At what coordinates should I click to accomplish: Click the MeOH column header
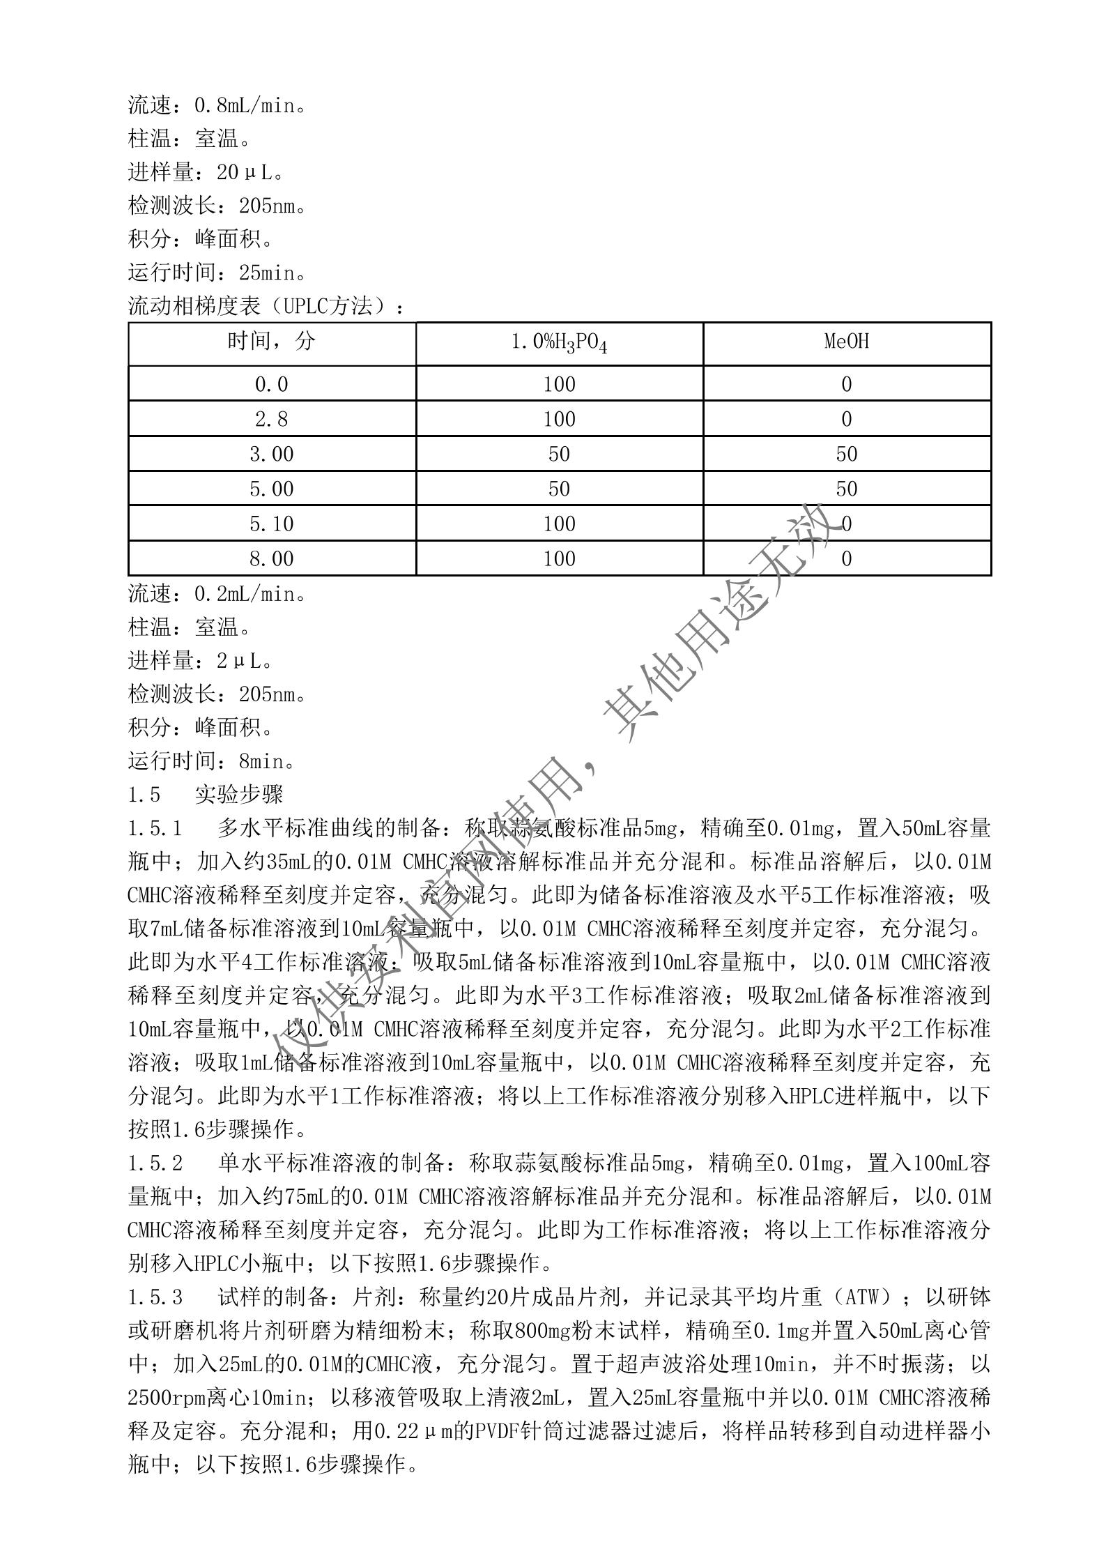click(x=846, y=342)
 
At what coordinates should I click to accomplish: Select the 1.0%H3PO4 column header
click(x=559, y=343)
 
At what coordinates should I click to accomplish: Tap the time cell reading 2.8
click(x=272, y=419)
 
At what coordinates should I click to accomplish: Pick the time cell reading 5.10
click(x=272, y=524)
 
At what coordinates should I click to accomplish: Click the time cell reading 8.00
click(x=272, y=558)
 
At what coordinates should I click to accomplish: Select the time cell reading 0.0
click(x=272, y=384)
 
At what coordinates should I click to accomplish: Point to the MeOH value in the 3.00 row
click(x=846, y=454)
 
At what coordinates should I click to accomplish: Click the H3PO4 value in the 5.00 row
click(x=559, y=489)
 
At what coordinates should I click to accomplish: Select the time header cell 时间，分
click(x=272, y=342)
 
